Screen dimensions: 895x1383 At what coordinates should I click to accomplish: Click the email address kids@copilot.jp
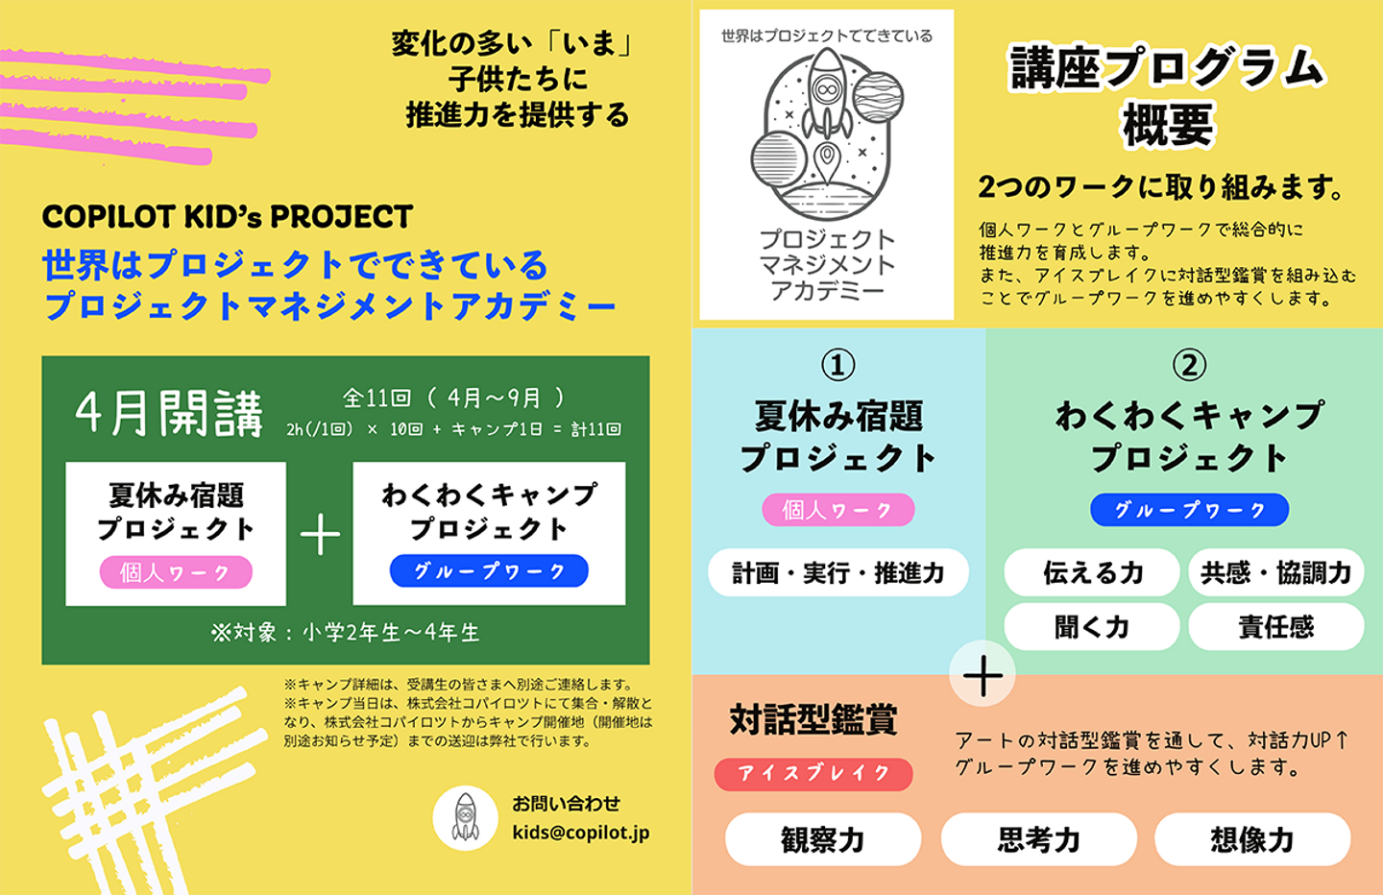[580, 833]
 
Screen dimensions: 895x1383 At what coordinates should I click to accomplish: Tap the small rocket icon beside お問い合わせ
[465, 817]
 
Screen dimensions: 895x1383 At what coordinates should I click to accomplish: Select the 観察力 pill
[822, 839]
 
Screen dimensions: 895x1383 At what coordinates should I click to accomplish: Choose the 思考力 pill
[1038, 839]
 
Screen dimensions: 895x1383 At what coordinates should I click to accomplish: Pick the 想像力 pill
[1251, 839]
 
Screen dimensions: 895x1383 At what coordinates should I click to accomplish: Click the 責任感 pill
[1275, 627]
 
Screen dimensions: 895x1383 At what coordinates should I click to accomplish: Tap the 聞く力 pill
[1091, 627]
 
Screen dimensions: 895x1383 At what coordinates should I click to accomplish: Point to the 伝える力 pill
[1091, 573]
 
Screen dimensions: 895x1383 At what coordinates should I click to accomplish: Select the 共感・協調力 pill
[1275, 573]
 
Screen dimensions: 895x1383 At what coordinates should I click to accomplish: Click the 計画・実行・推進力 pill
[837, 573]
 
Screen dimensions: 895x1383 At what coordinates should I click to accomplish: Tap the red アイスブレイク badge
[813, 773]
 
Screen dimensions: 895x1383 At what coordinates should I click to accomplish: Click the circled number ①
[837, 365]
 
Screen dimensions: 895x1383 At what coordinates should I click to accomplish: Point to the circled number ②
[1189, 365]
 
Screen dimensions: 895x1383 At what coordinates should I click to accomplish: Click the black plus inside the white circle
[983, 674]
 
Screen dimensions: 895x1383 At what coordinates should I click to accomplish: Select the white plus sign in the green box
[320, 535]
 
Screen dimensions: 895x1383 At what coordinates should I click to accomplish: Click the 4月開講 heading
[169, 414]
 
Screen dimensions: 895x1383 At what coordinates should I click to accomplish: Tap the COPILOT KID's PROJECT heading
[227, 217]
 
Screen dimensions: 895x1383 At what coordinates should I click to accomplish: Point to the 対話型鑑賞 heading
[813, 719]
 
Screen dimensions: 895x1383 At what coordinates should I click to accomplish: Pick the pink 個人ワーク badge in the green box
[176, 572]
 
